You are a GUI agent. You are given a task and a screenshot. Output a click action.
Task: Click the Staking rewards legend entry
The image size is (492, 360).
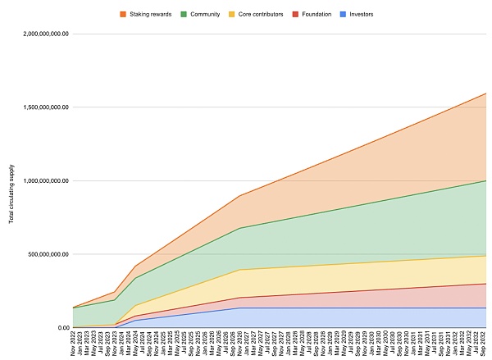[150, 15]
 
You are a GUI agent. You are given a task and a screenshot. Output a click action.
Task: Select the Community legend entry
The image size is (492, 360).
[205, 15]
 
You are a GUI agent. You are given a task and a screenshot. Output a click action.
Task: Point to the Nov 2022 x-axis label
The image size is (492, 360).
[73, 344]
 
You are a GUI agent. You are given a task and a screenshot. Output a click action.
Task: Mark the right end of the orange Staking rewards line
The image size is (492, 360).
[485, 93]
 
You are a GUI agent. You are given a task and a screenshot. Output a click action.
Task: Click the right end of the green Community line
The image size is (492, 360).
[485, 180]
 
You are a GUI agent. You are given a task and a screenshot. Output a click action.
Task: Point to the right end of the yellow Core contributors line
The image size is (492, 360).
[485, 256]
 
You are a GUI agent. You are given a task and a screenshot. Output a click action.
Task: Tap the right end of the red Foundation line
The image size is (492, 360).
[485, 284]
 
